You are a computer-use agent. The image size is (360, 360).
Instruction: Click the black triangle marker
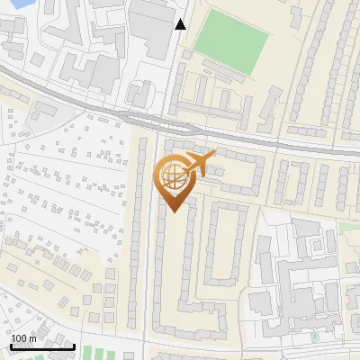(x=180, y=24)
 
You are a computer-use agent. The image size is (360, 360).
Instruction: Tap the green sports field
(x=232, y=36)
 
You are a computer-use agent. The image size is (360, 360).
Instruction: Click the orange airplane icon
(x=199, y=165)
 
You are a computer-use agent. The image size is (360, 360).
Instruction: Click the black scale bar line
(x=42, y=346)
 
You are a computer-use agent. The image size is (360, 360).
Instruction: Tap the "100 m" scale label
(x=24, y=337)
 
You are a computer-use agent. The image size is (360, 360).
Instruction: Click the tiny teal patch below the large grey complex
(x=314, y=337)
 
